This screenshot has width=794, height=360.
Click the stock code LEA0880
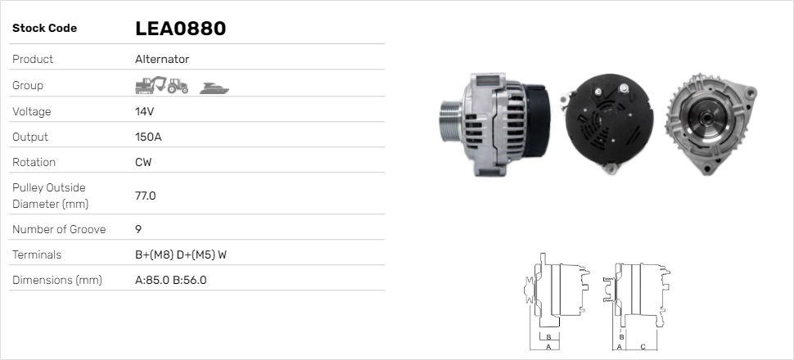click(180, 29)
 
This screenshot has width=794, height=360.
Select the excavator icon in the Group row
click(151, 85)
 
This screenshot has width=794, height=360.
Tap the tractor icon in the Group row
click(178, 86)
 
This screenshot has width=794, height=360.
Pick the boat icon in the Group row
click(214, 88)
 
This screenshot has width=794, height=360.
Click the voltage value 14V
click(144, 111)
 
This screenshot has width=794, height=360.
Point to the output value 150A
click(148, 137)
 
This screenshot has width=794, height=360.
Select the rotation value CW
click(143, 162)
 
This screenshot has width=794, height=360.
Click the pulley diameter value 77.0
click(146, 196)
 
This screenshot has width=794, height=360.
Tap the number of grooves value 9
click(138, 229)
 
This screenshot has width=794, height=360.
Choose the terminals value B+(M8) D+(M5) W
click(181, 254)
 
